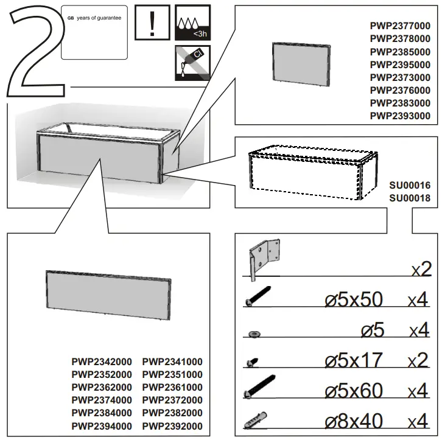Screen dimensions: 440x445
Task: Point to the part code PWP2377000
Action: click(x=400, y=26)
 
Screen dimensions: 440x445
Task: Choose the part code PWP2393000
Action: click(x=400, y=116)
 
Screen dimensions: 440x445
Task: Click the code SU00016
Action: click(x=410, y=185)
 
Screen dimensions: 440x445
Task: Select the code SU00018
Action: click(x=410, y=198)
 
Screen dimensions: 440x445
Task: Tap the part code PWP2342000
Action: click(x=102, y=361)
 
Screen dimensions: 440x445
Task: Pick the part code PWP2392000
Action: click(x=172, y=426)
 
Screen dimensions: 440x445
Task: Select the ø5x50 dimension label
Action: click(x=354, y=300)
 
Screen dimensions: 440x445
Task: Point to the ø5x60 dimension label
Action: click(x=354, y=390)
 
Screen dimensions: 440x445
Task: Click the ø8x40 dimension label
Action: click(x=354, y=421)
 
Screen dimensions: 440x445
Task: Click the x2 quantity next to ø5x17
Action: click(x=419, y=360)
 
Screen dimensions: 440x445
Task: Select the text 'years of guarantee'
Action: click(x=97, y=18)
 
